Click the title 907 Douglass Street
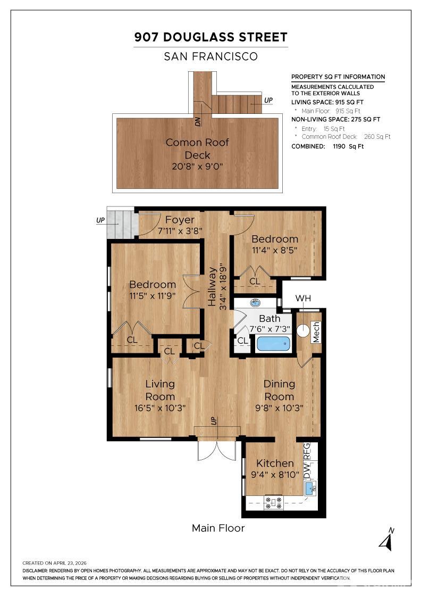pos(210,37)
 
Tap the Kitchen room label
pos(275,463)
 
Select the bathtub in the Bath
pos(273,344)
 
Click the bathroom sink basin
pos(255,303)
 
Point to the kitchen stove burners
pos(274,502)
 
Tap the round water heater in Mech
pos(304,330)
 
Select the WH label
pos(303,299)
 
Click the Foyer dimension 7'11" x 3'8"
pos(180,231)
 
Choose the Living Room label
pos(160,390)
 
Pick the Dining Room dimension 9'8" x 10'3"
pos(279,408)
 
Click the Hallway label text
pos(212,286)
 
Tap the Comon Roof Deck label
pos(197,148)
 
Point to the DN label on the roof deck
pos(197,121)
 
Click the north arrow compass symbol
pos(386,540)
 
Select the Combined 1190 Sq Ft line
pos(327,146)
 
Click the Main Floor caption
pos(218,528)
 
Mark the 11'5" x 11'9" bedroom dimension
pos(152,295)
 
